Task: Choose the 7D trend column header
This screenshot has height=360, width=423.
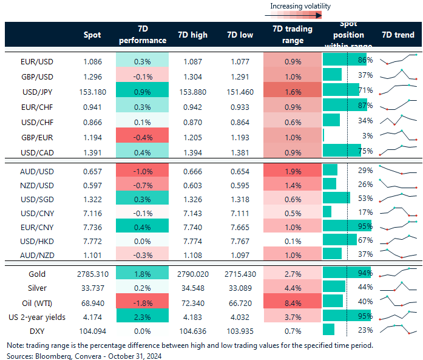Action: [x=398, y=35]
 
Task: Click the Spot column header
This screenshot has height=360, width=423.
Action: [x=92, y=35]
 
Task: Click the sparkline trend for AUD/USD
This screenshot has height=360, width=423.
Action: [x=398, y=170]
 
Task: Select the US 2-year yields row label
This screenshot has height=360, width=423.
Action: [x=37, y=316]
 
